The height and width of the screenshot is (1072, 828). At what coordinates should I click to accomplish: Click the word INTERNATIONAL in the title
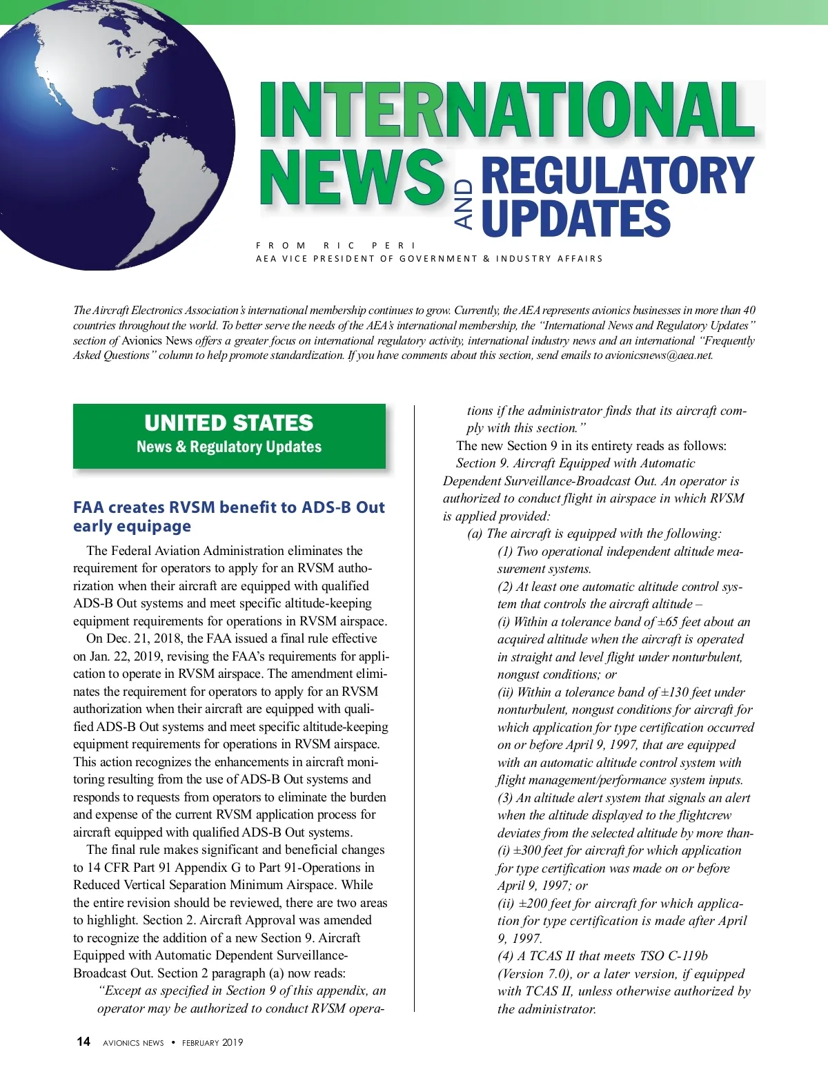[x=507, y=110]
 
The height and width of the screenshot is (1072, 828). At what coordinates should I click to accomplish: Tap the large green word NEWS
[x=352, y=177]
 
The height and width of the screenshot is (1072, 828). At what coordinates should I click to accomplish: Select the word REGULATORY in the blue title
[x=617, y=177]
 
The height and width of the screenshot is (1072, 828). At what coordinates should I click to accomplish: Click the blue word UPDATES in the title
[x=575, y=218]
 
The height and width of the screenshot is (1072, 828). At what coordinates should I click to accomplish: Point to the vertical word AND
[x=464, y=204]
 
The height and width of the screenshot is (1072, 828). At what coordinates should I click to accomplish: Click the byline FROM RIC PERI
[x=336, y=245]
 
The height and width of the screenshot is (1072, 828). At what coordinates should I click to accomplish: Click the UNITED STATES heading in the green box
[x=229, y=422]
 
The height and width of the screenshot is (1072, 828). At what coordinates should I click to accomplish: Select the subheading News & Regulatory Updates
[x=229, y=447]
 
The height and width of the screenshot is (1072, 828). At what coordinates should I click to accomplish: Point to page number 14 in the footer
[x=83, y=1042]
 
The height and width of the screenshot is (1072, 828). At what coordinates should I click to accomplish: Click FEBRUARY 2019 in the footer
[x=213, y=1042]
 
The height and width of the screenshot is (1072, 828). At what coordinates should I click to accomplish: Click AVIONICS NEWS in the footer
[x=133, y=1042]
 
